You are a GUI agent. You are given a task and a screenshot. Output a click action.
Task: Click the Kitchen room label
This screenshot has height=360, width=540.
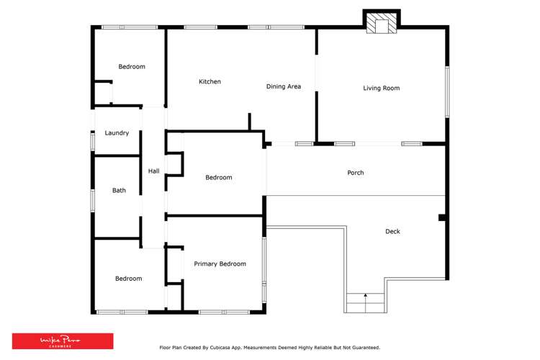point(210,82)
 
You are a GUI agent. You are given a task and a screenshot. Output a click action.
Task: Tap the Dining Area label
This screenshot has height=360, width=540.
point(284,86)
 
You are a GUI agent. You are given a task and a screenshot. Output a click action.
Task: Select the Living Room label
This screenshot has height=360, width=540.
point(381,89)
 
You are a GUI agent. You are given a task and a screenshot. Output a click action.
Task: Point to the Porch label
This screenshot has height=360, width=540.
point(356,173)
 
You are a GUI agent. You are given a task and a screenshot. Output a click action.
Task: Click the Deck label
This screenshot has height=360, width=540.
point(392,231)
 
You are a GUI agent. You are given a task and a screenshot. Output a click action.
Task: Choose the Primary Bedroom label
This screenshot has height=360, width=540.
point(220,264)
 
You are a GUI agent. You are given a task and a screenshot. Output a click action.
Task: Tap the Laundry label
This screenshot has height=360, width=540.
point(117,133)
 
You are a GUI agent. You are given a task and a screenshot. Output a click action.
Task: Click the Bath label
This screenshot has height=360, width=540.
point(119,191)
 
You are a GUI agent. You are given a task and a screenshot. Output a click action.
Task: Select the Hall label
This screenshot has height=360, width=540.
point(153,171)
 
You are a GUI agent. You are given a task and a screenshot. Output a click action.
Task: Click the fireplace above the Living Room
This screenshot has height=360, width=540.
point(381,24)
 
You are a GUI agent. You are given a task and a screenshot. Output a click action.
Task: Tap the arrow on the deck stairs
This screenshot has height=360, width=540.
point(366,295)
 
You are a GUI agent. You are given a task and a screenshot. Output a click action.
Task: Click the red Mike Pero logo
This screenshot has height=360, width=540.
point(63,341)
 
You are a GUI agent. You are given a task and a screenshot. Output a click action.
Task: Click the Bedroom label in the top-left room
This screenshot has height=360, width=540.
point(132,67)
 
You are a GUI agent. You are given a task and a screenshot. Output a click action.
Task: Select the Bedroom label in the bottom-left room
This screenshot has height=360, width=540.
point(129,279)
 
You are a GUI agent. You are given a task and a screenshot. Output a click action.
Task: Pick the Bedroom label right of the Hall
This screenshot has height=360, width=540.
point(219,177)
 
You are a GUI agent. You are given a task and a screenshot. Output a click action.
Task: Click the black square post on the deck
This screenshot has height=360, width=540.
point(442,217)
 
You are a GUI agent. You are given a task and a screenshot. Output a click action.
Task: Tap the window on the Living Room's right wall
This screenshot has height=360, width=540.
point(447,92)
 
